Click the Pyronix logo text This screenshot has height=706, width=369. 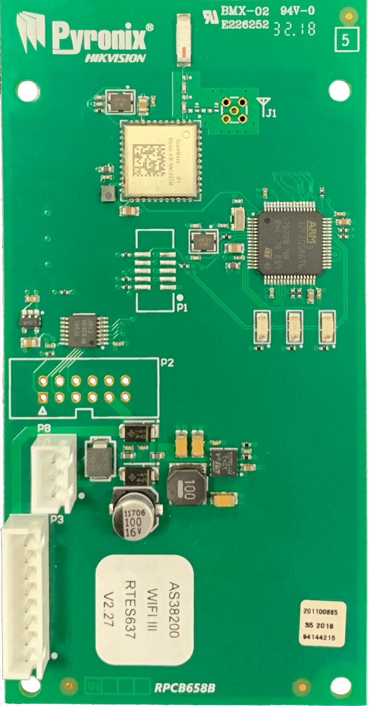[98, 37]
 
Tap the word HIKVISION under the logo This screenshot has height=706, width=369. [115, 58]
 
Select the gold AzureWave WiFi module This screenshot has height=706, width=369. [160, 160]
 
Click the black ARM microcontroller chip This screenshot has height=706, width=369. [289, 243]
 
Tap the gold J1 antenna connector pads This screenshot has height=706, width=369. [234, 110]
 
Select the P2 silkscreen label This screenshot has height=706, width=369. [167, 363]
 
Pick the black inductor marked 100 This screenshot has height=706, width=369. [187, 484]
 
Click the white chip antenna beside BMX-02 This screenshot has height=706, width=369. [184, 39]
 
